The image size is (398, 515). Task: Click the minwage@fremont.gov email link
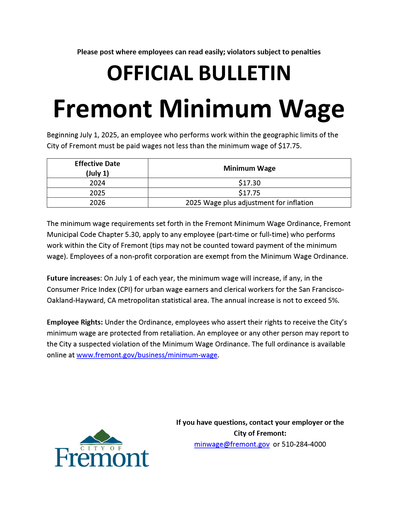point(232,444)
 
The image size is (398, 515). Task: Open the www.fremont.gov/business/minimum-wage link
point(147,355)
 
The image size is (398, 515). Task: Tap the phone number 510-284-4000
point(304,444)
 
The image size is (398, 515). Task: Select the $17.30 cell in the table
point(249,183)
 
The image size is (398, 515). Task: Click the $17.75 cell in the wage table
point(249,193)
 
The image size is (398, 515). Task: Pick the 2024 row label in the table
point(97,183)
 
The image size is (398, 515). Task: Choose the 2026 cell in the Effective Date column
point(97,203)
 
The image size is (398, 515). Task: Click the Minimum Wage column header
point(249,168)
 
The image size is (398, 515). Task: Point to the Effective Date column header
point(97,168)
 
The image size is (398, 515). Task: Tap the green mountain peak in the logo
point(101,435)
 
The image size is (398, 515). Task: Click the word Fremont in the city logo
point(102,458)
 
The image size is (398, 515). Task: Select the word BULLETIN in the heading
point(244,73)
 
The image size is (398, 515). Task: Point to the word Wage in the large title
point(311,109)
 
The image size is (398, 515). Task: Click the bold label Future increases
point(73,278)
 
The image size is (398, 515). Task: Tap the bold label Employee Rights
point(75,322)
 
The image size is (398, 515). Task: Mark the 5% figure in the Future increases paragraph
point(333,300)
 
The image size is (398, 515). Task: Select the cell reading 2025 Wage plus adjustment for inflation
point(249,203)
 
